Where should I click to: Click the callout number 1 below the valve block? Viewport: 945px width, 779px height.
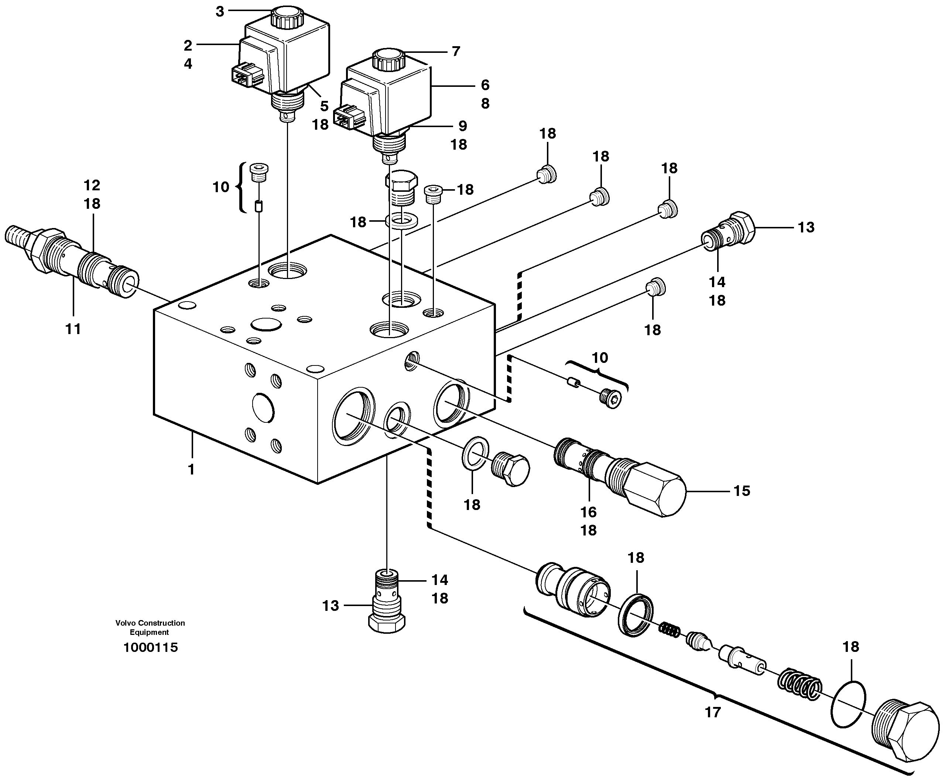tap(191, 469)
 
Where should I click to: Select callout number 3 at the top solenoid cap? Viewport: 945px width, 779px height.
tap(220, 12)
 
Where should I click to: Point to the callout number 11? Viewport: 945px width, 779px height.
tap(73, 329)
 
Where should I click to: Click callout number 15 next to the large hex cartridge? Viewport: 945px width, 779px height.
tap(742, 490)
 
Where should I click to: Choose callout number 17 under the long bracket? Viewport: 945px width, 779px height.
tap(713, 712)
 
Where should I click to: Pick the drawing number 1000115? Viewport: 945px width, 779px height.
tap(151, 647)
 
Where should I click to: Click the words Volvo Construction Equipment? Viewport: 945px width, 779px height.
tap(150, 627)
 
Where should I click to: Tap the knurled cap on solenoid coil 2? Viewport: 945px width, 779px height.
tap(287, 18)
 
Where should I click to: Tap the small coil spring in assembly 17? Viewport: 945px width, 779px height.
tap(669, 630)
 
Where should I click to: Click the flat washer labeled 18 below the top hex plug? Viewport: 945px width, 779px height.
tap(401, 221)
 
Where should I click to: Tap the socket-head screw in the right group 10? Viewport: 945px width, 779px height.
tap(610, 398)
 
